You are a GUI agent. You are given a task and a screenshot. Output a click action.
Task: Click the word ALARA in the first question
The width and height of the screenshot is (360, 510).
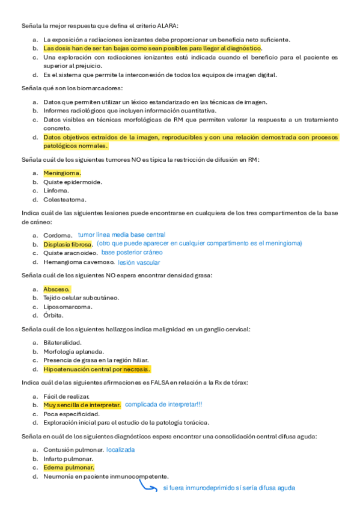(168, 26)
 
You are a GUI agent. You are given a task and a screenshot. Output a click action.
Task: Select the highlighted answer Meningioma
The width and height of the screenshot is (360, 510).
(62, 173)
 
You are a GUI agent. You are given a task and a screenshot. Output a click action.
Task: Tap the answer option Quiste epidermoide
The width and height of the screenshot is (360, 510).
(72, 182)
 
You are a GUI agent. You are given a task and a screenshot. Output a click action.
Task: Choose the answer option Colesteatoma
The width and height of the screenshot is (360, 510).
(64, 199)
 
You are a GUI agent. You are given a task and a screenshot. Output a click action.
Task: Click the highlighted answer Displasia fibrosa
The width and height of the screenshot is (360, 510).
(68, 244)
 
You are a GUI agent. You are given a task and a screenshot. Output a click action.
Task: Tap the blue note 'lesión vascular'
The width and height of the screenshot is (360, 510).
(139, 262)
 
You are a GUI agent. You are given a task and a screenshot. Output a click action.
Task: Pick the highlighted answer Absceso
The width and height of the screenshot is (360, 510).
(57, 289)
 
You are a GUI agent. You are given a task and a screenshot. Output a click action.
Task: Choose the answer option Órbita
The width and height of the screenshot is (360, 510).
(53, 315)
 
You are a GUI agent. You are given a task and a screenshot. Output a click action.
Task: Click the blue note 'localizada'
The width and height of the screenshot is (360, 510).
(120, 449)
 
